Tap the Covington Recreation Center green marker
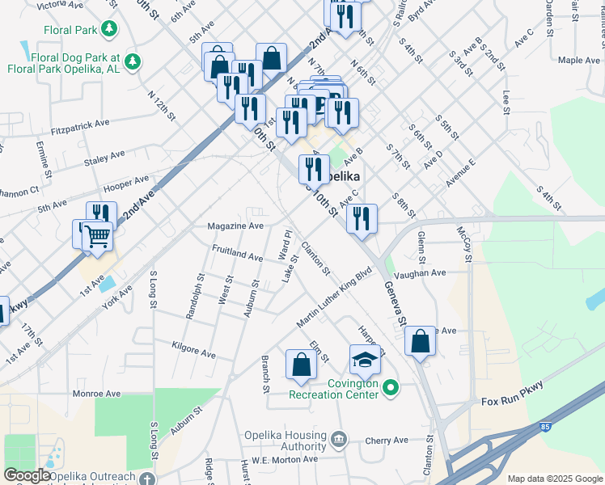coord(391,389)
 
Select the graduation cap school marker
coord(365,359)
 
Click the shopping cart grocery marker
coord(97,236)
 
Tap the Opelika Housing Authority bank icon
coord(338,438)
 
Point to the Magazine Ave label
coord(235,226)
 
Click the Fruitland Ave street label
coord(238,253)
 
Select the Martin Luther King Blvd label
coord(337,299)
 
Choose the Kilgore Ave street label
coord(193,353)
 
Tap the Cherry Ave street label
coord(386,441)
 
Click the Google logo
coord(27,475)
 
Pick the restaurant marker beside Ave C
coord(362,219)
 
